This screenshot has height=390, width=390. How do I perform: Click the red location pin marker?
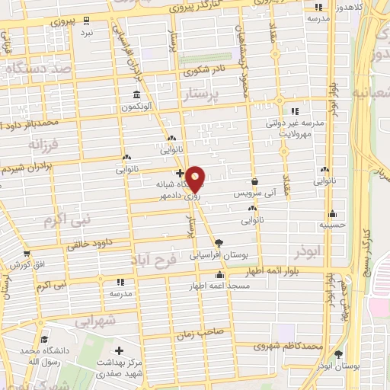(196, 179)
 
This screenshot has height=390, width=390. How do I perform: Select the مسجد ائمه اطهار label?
(220, 288)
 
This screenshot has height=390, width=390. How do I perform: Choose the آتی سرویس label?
(252, 194)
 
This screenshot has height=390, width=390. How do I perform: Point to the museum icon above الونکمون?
(136, 94)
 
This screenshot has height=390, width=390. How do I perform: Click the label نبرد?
(88, 35)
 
